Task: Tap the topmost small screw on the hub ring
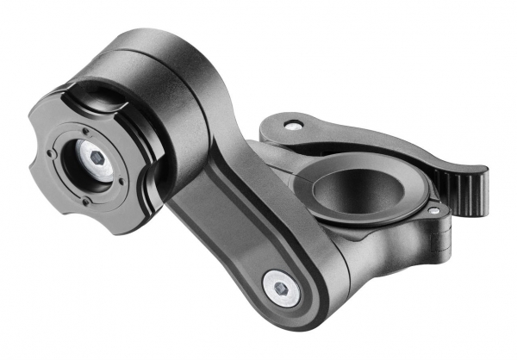(x=85, y=130)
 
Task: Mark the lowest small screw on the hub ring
(x=86, y=202)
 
